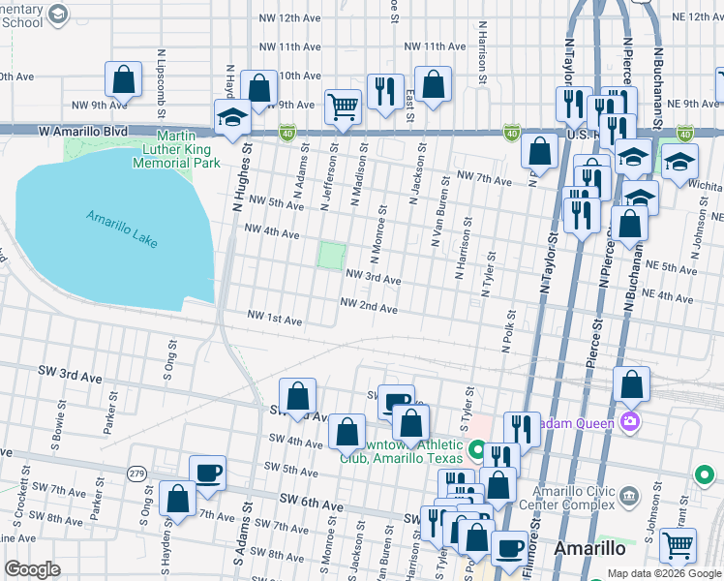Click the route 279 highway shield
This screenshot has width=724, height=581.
coord(136,472)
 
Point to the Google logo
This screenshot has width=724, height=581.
coord(32,569)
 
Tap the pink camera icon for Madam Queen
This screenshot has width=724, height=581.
coord(630,420)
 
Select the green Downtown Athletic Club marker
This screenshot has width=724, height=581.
coord(476,450)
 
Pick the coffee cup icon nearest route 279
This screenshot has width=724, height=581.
coord(207,473)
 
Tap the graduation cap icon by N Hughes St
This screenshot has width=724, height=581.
coord(232,118)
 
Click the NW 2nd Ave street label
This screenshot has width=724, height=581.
coord(369,308)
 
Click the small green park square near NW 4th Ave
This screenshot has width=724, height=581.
coord(331,257)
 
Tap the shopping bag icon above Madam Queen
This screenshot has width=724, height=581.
coord(630,384)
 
